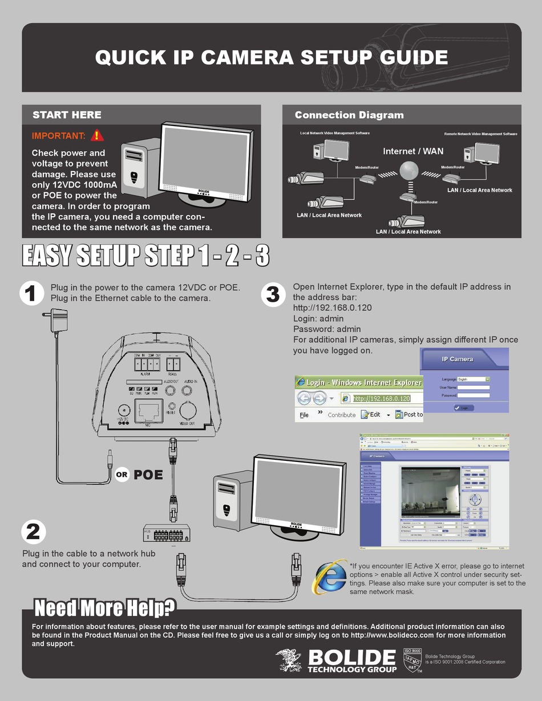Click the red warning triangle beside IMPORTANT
(x=98, y=135)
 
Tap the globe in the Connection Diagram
(x=408, y=171)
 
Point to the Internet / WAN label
(x=412, y=151)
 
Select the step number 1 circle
(x=31, y=294)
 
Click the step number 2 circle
(x=33, y=532)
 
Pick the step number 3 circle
(x=273, y=294)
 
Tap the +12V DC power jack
(x=122, y=410)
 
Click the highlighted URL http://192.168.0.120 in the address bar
(x=381, y=398)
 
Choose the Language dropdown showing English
(x=474, y=379)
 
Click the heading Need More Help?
(x=105, y=608)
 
